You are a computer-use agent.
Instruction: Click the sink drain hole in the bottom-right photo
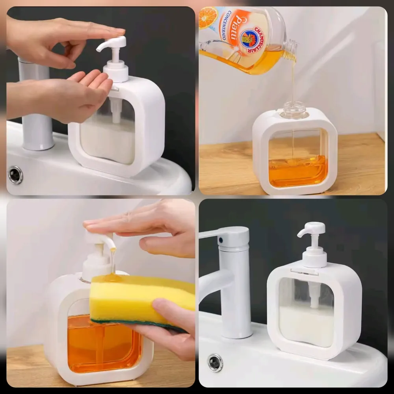pos(215,362)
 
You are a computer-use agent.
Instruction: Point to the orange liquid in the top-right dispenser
pos(297,171)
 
